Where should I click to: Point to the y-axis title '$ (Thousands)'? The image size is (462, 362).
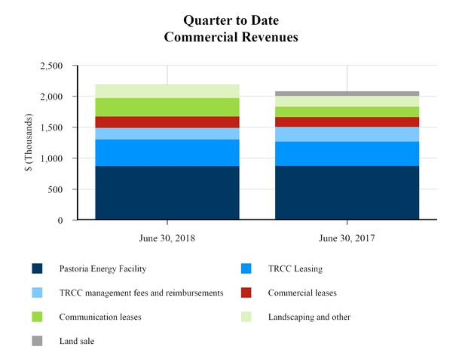coord(29,143)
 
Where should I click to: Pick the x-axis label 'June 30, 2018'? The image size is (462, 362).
coord(167,238)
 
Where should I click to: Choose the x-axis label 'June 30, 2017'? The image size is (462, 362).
coord(347,238)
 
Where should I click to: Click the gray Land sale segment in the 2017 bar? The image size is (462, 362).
coord(347,94)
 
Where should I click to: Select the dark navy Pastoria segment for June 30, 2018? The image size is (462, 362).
coord(167,193)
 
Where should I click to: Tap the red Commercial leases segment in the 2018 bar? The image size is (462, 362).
coord(167,122)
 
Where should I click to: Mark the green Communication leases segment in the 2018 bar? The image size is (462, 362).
coord(167,107)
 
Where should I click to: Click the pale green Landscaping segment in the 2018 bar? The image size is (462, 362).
coord(167,91)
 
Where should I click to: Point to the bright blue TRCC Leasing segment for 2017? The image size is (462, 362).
coord(347,154)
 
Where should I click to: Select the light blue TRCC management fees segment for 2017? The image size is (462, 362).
coord(347,134)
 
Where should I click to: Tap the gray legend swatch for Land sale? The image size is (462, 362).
coord(37,342)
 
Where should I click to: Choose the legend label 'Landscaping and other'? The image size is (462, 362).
coord(310,318)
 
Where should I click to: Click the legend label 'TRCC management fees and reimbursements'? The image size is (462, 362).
coord(137,293)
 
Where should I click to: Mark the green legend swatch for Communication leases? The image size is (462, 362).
coord(37,318)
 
